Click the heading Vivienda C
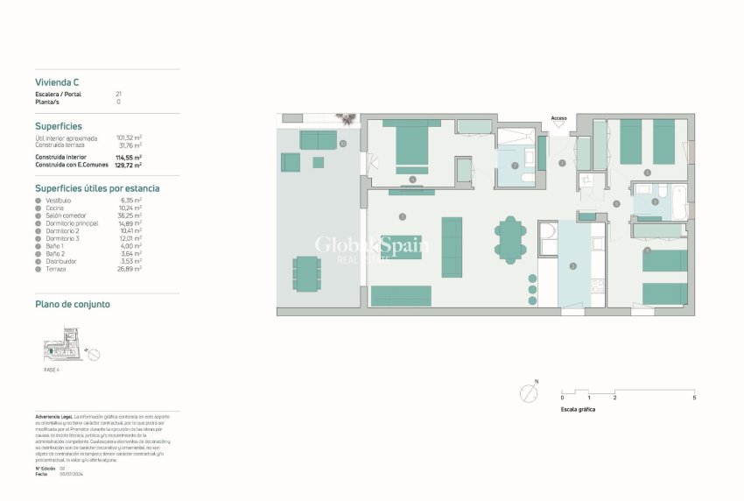(57, 82)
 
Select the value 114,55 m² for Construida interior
(129, 157)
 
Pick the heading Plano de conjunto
(72, 304)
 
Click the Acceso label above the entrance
(558, 118)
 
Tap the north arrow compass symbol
(528, 393)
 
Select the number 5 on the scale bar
(694, 398)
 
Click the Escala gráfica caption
(578, 409)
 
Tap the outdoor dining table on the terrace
(307, 272)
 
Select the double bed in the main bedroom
(411, 145)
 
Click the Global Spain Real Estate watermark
(371, 249)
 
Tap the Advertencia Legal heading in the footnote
(54, 416)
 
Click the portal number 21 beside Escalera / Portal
(118, 94)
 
